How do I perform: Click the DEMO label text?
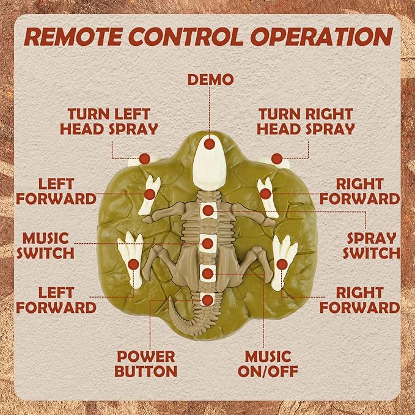click(x=211, y=79)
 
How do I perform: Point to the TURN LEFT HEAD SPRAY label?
click(x=109, y=122)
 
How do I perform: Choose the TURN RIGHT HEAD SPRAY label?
click(x=306, y=122)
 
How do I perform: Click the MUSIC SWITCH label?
click(x=45, y=246)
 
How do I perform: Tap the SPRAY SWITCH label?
click(x=372, y=246)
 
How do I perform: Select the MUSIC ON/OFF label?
click(x=268, y=364)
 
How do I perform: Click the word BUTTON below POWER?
click(x=146, y=371)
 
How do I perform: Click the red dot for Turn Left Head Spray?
click(x=144, y=158)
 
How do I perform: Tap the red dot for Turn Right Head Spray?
click(x=277, y=158)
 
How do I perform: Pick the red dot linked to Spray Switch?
click(x=208, y=210)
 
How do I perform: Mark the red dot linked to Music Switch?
click(x=208, y=243)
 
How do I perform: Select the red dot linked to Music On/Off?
click(x=208, y=274)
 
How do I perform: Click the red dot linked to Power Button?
click(x=208, y=300)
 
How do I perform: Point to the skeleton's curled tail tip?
click(x=171, y=299)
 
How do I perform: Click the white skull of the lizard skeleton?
click(x=210, y=162)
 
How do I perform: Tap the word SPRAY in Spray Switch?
click(x=372, y=238)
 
